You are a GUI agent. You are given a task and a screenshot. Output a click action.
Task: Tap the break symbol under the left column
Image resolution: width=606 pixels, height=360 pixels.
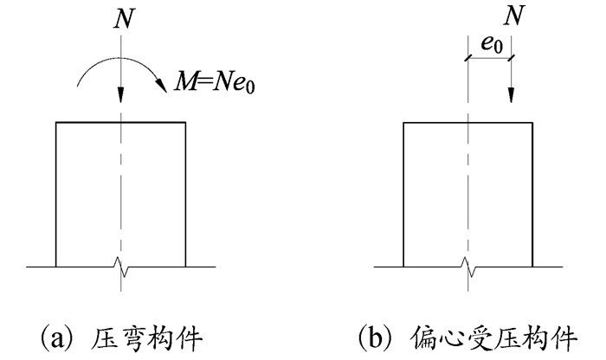tap(121, 267)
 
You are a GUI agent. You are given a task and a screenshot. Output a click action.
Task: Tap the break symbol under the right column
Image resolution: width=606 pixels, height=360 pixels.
tap(468, 267)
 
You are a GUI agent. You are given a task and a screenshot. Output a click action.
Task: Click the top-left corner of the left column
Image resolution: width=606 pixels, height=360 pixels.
tap(56, 123)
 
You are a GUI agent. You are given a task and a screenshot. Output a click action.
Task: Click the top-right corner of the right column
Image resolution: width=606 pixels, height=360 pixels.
tap(532, 123)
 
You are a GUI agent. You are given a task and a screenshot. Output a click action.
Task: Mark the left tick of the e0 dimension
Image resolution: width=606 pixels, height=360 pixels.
tap(467, 59)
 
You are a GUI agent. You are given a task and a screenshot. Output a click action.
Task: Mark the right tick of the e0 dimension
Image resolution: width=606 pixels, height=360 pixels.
tap(512, 59)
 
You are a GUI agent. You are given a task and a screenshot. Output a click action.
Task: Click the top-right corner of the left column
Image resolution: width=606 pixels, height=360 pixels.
tap(184, 123)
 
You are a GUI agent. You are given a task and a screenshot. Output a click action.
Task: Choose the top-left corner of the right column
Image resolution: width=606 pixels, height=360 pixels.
tap(404, 123)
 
